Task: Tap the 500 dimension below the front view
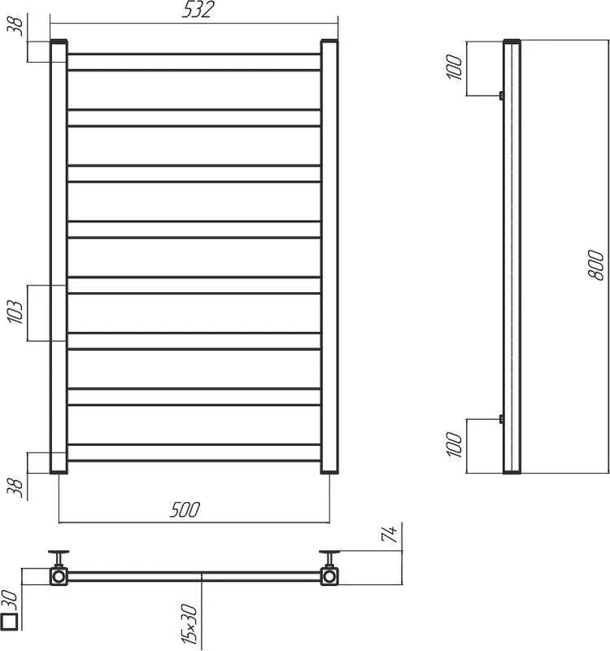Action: (185, 509)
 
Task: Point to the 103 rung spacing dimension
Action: (16, 312)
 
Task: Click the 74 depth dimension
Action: (389, 534)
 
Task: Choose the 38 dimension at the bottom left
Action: (16, 487)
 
